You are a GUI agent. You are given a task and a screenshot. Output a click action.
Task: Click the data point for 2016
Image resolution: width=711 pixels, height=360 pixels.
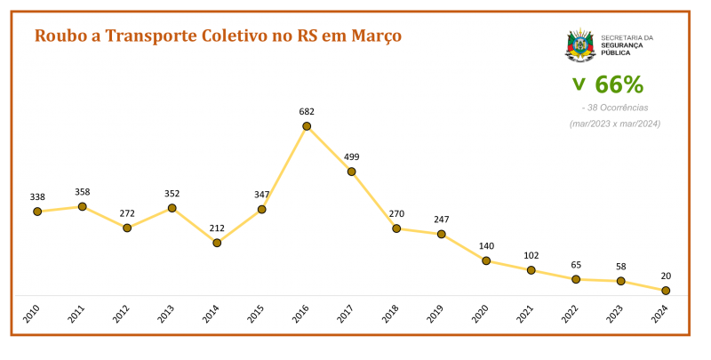pyautogui.click(x=307, y=126)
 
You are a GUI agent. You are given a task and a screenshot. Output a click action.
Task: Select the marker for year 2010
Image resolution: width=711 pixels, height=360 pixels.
pyautogui.click(x=37, y=212)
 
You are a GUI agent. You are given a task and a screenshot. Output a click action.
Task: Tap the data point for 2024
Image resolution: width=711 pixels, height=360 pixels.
pyautogui.click(x=665, y=291)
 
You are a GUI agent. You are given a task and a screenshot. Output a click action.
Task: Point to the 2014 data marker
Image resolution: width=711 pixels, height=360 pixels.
pyautogui.click(x=217, y=243)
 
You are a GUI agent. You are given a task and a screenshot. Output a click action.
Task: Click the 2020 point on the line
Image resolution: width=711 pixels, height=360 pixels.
pyautogui.click(x=486, y=260)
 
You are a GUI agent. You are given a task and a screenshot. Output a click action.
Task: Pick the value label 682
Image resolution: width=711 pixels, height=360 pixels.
pyautogui.click(x=307, y=112)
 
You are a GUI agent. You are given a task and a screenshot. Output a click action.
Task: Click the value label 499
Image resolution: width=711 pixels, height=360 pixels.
pyautogui.click(x=352, y=156)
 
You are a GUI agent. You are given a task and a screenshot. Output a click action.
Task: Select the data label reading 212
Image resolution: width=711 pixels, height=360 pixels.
pyautogui.click(x=217, y=228)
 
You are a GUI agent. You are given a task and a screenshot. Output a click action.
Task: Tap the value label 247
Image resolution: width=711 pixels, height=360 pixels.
pyautogui.click(x=442, y=219)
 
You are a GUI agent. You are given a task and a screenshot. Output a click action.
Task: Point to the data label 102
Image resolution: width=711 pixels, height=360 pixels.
pyautogui.click(x=531, y=255)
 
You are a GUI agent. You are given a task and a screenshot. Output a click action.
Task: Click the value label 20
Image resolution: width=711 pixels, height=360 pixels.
pyautogui.click(x=665, y=276)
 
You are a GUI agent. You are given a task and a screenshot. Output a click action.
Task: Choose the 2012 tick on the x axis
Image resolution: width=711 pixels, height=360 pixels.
pyautogui.click(x=122, y=314)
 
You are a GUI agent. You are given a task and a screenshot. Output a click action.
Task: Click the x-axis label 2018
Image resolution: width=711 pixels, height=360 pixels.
pyautogui.click(x=391, y=314)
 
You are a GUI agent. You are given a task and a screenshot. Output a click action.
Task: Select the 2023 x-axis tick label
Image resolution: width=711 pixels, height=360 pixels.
pyautogui.click(x=615, y=314)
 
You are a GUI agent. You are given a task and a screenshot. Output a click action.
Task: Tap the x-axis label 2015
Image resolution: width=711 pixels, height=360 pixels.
pyautogui.click(x=256, y=314)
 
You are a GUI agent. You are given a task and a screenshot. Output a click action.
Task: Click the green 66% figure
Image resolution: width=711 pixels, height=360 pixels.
pyautogui.click(x=619, y=85)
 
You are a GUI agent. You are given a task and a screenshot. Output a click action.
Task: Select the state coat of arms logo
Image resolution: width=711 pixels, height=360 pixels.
pyautogui.click(x=580, y=45)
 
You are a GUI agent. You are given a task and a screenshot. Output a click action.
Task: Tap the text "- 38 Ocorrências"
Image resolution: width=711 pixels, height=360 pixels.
pyautogui.click(x=614, y=108)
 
